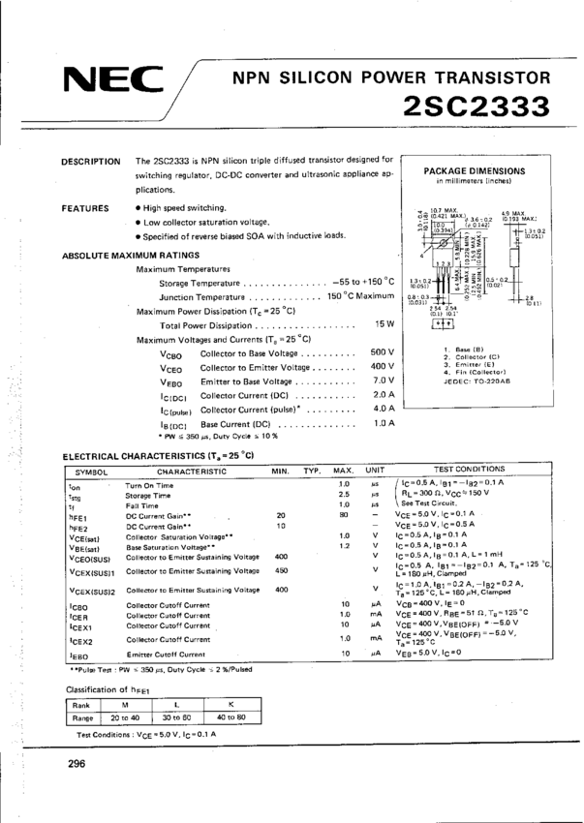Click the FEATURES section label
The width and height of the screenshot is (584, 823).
coord(84,208)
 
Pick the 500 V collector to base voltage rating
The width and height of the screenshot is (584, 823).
coord(383,351)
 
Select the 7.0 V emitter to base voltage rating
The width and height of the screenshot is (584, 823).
coord(384,381)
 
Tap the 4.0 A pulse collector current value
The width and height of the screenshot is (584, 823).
coord(384,409)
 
